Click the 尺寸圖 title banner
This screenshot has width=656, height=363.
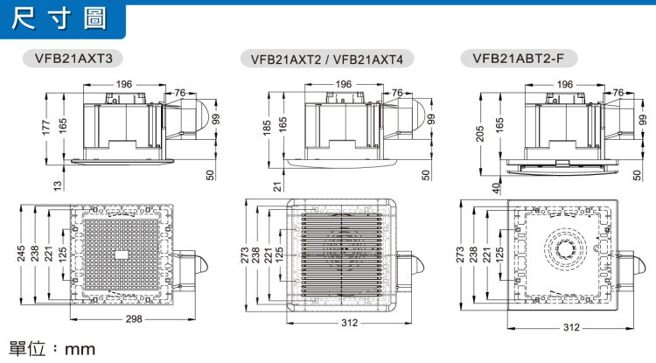[62, 19]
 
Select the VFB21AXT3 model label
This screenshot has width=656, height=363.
[73, 58]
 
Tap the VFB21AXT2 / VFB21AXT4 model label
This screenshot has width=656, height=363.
[327, 59]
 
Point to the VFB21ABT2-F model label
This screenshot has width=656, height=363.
[519, 58]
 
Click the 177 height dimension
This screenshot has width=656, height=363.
[45, 128]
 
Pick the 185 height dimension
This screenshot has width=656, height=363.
[267, 128]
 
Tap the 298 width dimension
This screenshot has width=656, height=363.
[134, 319]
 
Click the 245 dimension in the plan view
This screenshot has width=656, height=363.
[21, 254]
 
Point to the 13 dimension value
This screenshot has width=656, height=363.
[58, 185]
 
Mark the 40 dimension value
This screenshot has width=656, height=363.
[496, 188]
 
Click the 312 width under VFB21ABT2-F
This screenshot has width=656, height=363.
[571, 327]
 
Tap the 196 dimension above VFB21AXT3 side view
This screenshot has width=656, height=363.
[124, 84]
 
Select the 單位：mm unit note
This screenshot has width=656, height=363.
[52, 349]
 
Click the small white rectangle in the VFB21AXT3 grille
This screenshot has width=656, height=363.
[122, 255]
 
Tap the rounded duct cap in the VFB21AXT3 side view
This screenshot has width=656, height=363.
[202, 117]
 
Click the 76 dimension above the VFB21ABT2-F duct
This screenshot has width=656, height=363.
[618, 93]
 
